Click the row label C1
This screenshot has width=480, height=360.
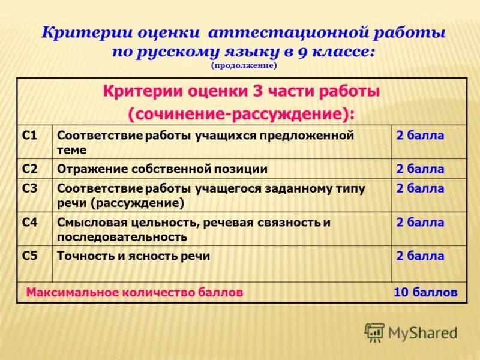tap(30, 136)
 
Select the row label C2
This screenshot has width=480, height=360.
tap(30, 169)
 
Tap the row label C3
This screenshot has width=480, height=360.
tap(30, 188)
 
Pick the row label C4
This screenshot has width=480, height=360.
tap(30, 223)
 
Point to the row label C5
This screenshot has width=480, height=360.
tap(30, 256)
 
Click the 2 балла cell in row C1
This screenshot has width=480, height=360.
tap(420, 136)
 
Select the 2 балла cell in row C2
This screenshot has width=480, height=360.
tap(420, 169)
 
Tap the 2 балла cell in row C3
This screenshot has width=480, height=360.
tap(420, 188)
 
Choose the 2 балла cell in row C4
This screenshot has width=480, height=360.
tap(420, 223)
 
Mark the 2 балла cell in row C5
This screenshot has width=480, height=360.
tap(420, 256)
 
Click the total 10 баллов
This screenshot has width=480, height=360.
tap(425, 293)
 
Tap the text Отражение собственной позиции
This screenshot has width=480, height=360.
tap(162, 169)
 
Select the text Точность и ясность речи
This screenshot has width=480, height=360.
tap(133, 256)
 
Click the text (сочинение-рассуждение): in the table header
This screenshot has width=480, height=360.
tap(241, 113)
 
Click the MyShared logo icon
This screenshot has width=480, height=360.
tap(374, 332)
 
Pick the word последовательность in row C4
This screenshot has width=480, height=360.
tap(122, 237)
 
